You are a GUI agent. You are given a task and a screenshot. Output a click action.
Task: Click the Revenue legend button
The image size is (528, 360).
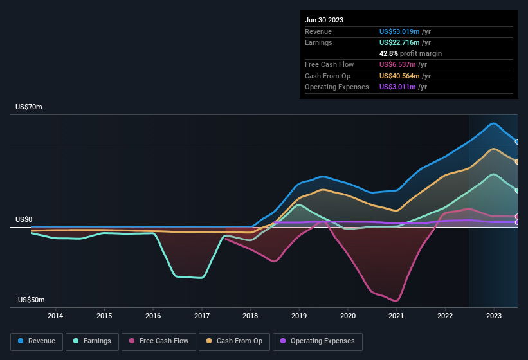[x=37, y=341]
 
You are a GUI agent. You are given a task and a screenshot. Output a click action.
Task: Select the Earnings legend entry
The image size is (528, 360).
[x=93, y=341]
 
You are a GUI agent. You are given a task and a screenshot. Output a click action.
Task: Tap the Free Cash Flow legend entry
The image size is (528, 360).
[x=159, y=341]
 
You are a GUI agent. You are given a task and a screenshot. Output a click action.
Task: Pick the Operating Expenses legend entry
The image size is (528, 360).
[x=318, y=341]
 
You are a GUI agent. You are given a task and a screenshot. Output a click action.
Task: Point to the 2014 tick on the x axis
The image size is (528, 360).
[x=55, y=316]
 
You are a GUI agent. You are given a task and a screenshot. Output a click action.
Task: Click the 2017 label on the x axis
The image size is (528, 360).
[x=202, y=316]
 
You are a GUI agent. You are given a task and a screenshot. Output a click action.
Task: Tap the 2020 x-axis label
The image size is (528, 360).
[x=348, y=316]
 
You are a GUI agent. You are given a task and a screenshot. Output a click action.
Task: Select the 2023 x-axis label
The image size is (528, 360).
[x=494, y=316]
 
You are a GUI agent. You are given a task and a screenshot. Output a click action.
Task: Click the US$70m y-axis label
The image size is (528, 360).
[x=29, y=107]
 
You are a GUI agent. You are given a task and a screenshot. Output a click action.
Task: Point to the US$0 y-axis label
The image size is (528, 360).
[x=24, y=219]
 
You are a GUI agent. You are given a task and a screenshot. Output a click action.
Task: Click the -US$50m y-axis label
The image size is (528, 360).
[x=30, y=300]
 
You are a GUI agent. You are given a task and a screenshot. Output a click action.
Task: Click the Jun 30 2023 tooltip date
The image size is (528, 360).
[x=324, y=20]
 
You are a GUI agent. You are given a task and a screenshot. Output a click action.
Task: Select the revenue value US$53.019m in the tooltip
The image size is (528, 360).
[x=399, y=32]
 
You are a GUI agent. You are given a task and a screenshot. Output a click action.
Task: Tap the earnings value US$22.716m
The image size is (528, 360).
[x=399, y=42]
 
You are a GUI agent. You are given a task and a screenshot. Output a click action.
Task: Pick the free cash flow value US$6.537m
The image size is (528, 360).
[x=397, y=65]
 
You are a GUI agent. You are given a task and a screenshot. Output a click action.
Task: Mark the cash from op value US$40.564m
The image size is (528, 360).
[x=399, y=76]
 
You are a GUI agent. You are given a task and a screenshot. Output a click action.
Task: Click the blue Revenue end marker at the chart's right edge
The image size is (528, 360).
[x=517, y=142]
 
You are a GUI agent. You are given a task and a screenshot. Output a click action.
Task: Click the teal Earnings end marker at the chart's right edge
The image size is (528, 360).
[x=517, y=190]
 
